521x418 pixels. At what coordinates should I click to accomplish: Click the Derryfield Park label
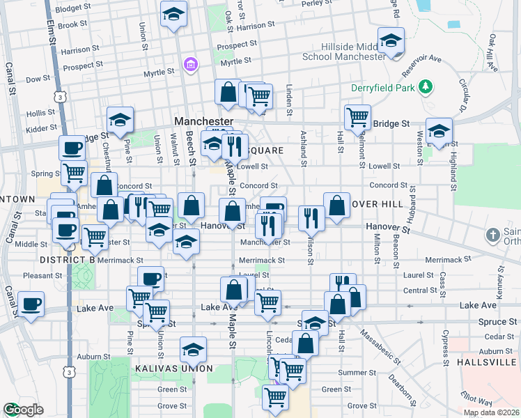point(384,87)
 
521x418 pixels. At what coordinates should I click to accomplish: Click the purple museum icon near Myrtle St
point(190,65)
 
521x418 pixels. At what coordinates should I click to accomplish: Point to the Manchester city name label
point(202,121)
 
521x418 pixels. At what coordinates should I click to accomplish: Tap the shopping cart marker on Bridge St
point(357,116)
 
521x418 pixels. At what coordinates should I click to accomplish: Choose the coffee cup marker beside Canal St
point(31,304)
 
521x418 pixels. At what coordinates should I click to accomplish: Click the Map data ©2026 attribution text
point(490,412)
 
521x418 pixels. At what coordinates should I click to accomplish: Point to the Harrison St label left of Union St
point(76,50)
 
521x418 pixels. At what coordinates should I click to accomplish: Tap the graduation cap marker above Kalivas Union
point(193,349)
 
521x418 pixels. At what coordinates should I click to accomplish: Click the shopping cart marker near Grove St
point(276,396)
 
